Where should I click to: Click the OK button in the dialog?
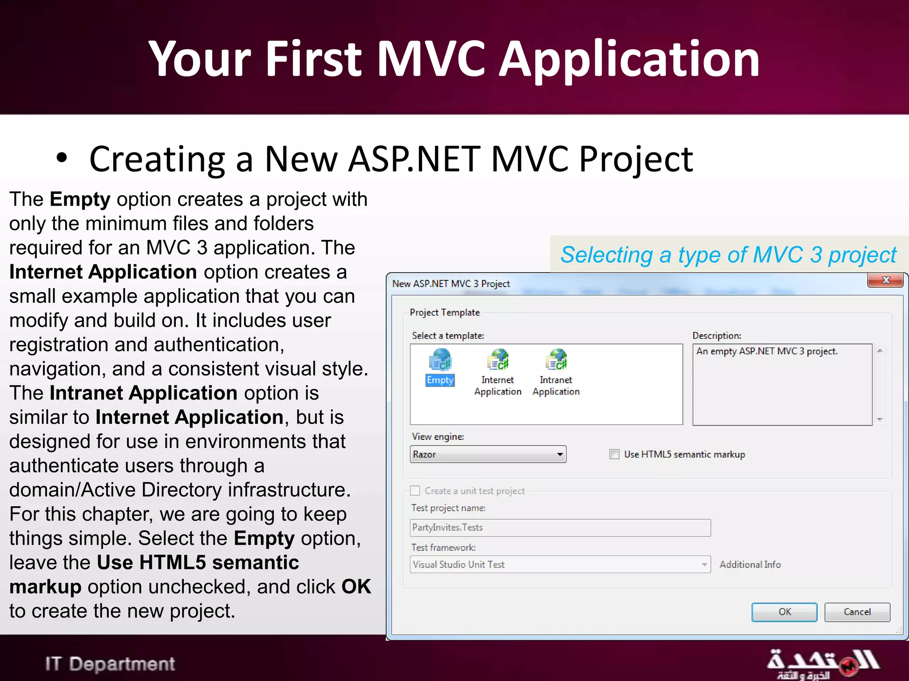coord(784,612)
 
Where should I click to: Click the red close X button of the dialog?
coord(885,280)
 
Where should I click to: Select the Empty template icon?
coord(440,360)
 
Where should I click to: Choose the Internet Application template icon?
coord(498,360)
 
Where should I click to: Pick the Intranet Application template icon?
coord(556,360)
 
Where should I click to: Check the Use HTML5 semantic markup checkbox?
coord(614,454)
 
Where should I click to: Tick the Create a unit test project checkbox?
coord(415,490)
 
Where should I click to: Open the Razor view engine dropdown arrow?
coord(560,454)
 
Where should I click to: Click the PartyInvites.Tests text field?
coord(560,528)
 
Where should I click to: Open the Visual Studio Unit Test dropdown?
coord(704,564)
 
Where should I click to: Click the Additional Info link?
coord(750,564)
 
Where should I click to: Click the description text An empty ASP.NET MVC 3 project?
coord(767,352)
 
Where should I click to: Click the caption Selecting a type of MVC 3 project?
coord(728,255)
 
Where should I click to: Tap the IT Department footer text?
coord(110,664)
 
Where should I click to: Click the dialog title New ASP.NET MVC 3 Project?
coord(451,284)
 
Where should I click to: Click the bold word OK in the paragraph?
coord(356,587)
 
